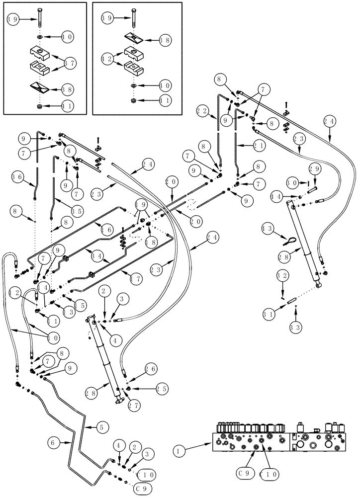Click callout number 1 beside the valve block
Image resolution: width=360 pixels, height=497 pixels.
pos(180,451)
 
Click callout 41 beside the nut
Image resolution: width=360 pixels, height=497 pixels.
pos(165,101)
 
